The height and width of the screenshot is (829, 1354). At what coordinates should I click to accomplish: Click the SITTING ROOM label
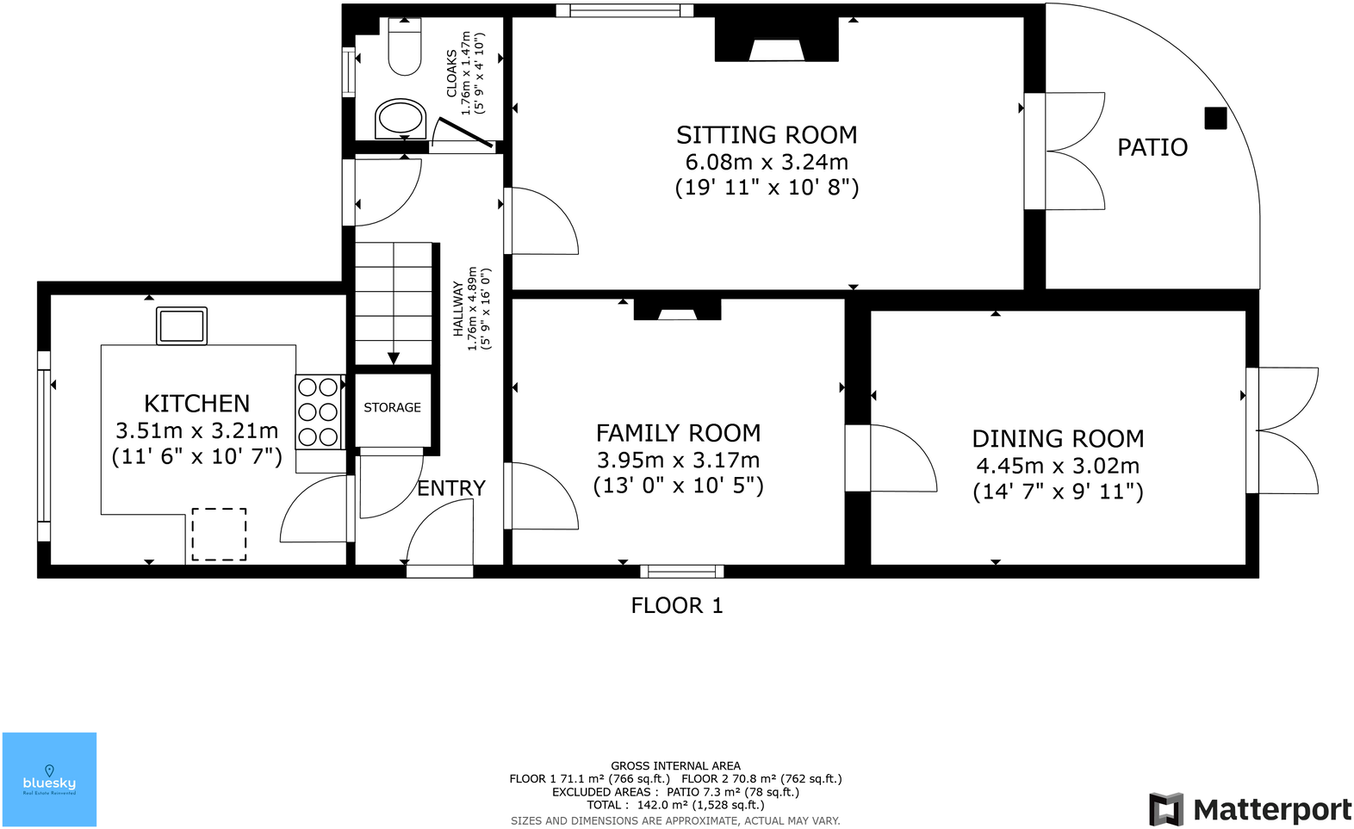click(x=767, y=135)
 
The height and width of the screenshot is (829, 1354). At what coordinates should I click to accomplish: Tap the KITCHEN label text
click(x=196, y=403)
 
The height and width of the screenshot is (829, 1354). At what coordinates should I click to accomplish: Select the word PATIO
click(x=1152, y=147)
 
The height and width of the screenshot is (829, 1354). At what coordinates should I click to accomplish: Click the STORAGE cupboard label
click(x=392, y=408)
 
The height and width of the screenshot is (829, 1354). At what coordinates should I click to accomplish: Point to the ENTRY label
click(x=451, y=488)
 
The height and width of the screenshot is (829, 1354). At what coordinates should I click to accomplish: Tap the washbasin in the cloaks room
click(x=401, y=119)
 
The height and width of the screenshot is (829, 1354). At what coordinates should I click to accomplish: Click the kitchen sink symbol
click(x=182, y=325)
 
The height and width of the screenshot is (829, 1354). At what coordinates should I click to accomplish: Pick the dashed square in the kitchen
click(x=219, y=534)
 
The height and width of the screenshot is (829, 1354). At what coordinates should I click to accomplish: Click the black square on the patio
click(x=1215, y=119)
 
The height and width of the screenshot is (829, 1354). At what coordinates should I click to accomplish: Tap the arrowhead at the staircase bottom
click(x=394, y=358)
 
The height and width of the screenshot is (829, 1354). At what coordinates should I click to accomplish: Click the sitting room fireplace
click(x=777, y=40)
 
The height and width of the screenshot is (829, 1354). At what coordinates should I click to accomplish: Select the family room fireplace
click(x=677, y=309)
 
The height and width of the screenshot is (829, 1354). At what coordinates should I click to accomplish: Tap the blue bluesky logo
click(x=50, y=779)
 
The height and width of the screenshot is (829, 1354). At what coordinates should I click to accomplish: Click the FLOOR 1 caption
click(x=677, y=605)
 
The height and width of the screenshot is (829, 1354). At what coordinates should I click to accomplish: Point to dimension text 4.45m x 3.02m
click(x=1058, y=466)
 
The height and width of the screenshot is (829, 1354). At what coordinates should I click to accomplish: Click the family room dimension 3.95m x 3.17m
click(x=678, y=461)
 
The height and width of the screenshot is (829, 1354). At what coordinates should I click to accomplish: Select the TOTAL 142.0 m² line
click(x=675, y=805)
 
